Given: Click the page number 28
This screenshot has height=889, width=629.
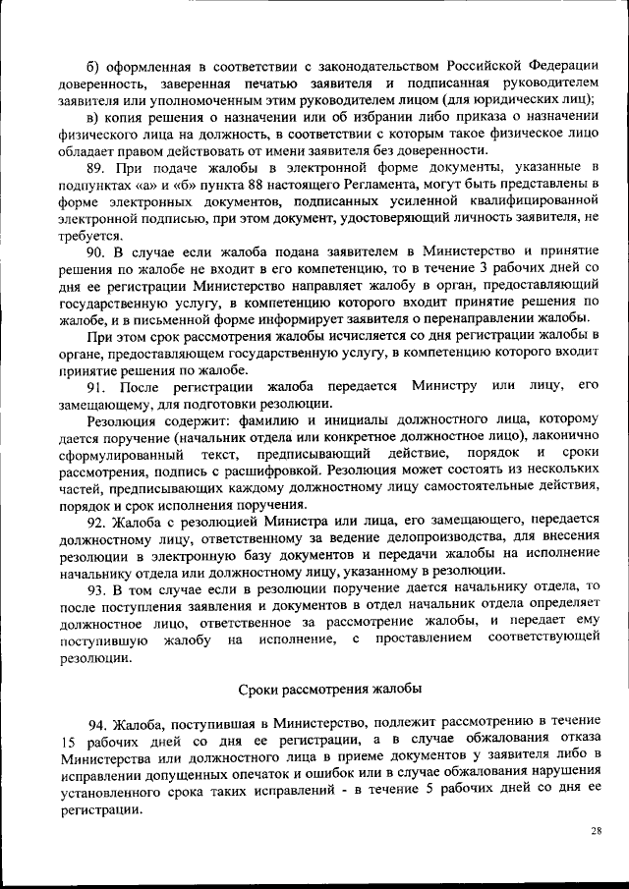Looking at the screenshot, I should tap(596, 830).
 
